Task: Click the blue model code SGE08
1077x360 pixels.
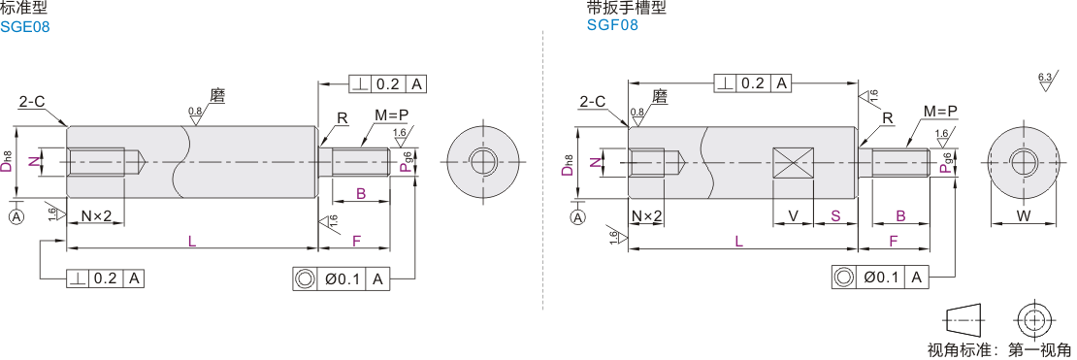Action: click(24, 27)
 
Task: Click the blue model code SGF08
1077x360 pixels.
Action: click(612, 24)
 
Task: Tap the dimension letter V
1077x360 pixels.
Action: click(793, 215)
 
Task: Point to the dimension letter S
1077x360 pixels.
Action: click(835, 215)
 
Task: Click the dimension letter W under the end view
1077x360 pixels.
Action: click(1024, 216)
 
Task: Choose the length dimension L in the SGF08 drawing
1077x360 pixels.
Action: click(738, 241)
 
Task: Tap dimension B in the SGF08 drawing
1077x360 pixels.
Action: click(900, 215)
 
